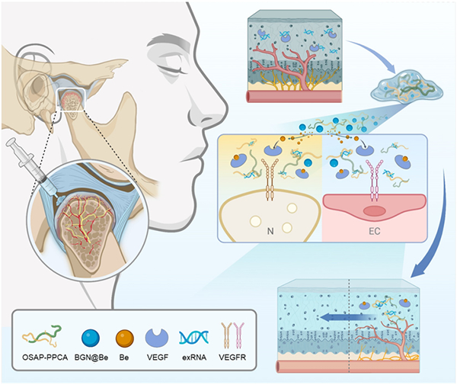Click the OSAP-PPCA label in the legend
click(45, 358)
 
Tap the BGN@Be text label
click(91, 358)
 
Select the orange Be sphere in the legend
click(125, 338)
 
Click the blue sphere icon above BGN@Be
click(91, 338)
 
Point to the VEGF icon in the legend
click(157, 337)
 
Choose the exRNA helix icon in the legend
click(194, 337)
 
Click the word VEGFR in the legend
click(232, 358)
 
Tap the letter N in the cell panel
click(270, 231)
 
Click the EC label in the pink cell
click(375, 231)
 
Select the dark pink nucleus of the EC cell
click(374, 211)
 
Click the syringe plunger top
click(11, 143)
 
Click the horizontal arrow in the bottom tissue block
click(346, 317)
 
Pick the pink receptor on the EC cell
click(373, 180)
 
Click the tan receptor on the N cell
click(270, 180)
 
